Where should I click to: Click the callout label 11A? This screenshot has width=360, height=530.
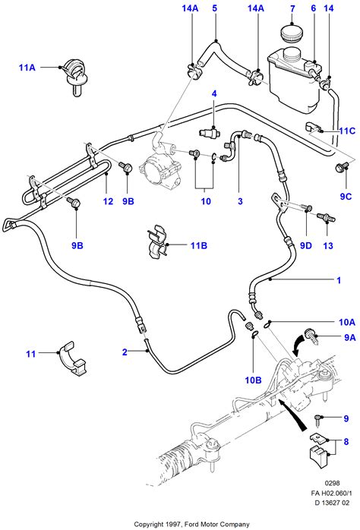click(27, 68)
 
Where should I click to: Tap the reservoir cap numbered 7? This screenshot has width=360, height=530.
click(292, 33)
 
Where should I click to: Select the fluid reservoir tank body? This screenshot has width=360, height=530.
click(293, 80)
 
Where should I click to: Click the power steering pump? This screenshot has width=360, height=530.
click(161, 165)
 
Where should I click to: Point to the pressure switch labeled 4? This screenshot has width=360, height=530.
click(210, 131)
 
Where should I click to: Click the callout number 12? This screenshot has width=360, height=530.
click(108, 201)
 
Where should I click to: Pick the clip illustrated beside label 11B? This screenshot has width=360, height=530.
click(158, 241)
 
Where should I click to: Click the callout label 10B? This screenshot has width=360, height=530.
click(253, 380)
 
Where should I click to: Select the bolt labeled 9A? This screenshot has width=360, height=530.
click(311, 336)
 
